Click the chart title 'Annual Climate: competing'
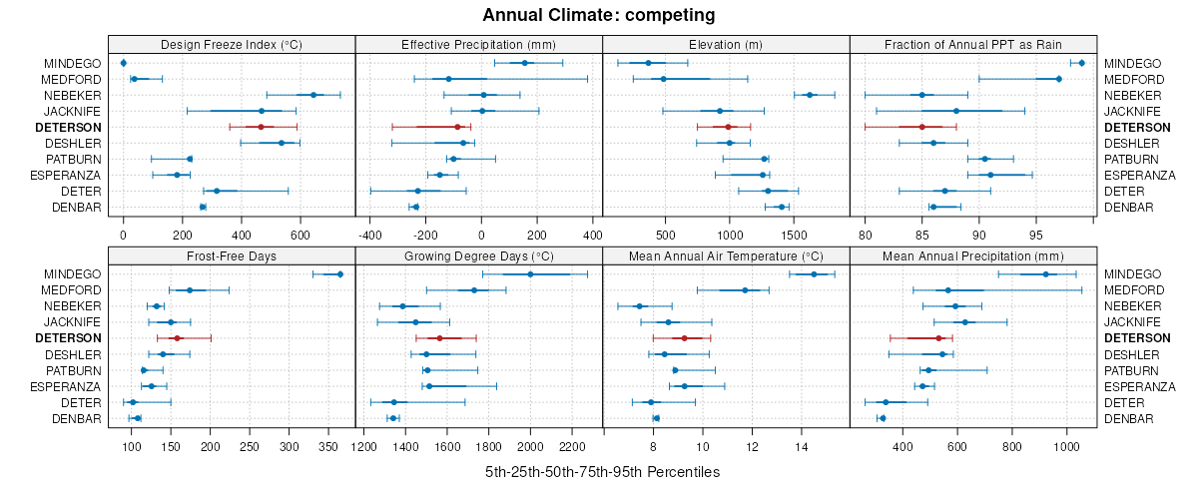(x=598, y=15)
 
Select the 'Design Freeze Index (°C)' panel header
(x=231, y=44)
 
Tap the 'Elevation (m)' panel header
(x=726, y=44)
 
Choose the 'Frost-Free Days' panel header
(x=231, y=255)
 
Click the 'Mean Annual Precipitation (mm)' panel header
(x=973, y=255)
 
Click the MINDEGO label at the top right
(x=1133, y=63)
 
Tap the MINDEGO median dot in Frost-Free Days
(x=339, y=274)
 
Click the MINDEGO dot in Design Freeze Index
(x=123, y=63)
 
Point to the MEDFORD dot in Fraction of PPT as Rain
(x=1058, y=79)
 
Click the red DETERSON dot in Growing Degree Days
(x=439, y=338)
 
